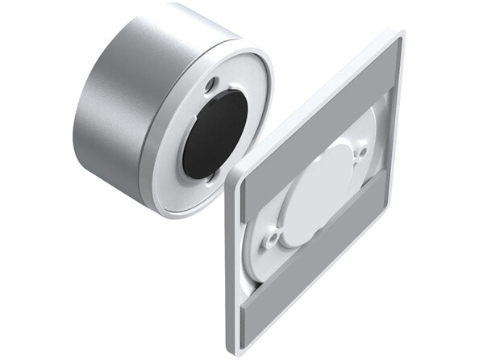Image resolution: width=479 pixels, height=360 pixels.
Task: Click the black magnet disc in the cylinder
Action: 214,133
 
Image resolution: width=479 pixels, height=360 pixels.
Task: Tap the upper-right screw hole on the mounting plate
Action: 361,151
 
